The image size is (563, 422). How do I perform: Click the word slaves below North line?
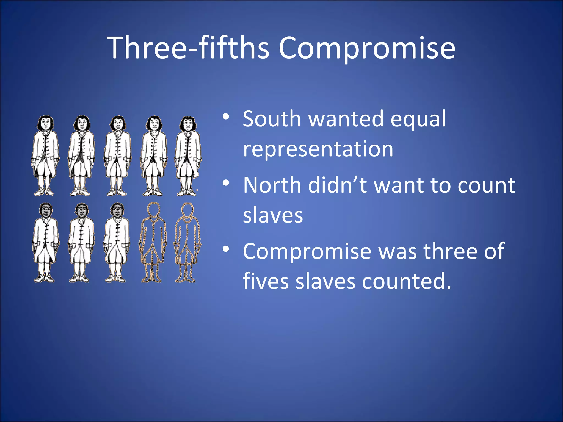(273, 215)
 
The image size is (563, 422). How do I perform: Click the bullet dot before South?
(226, 117)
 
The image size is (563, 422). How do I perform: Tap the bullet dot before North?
(226, 183)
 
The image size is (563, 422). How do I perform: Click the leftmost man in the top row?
(45, 156)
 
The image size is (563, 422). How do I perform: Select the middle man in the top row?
(117, 156)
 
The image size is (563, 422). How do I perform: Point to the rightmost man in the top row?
(188, 156)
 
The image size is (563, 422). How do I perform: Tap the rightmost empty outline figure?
(187, 243)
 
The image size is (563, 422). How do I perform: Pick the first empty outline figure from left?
(153, 243)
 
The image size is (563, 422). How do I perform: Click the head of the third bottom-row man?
(117, 210)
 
